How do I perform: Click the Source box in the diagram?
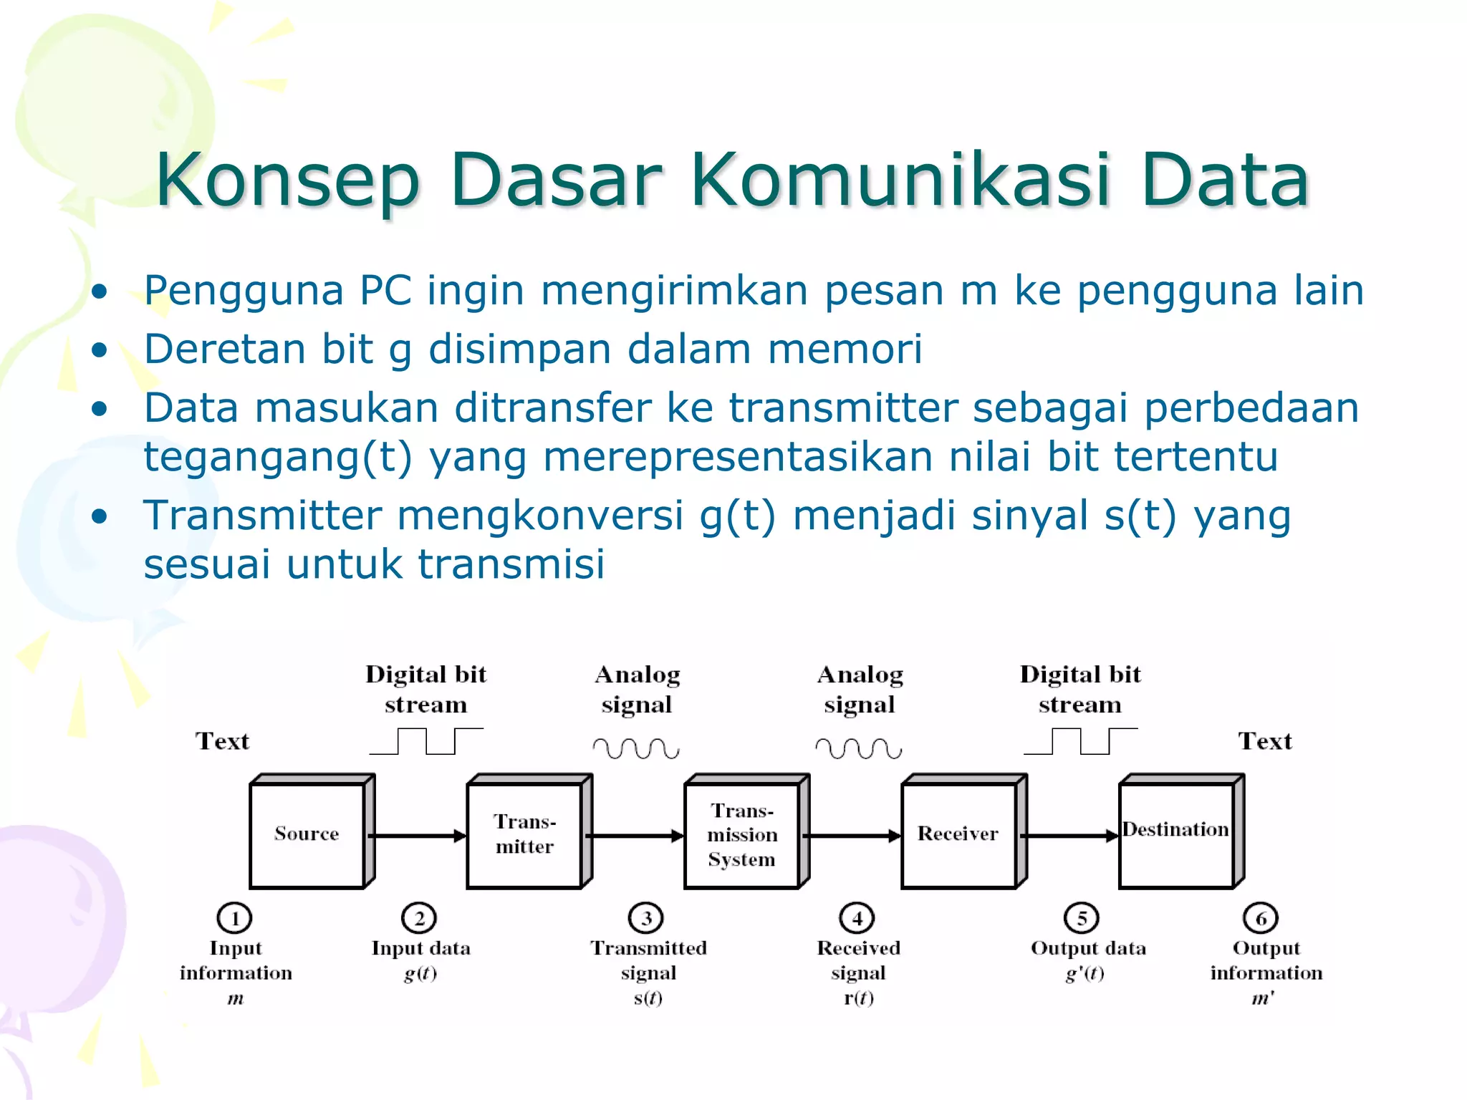[x=307, y=834]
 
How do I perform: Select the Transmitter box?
[x=524, y=834]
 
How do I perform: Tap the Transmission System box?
[x=742, y=834]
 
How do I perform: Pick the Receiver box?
[x=958, y=834]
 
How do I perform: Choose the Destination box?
[x=1176, y=834]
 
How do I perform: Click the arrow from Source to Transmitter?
[x=419, y=835]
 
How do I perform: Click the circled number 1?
[x=234, y=918]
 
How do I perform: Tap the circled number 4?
[x=857, y=918]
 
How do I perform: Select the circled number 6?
[x=1261, y=918]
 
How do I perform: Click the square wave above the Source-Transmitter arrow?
[x=426, y=741]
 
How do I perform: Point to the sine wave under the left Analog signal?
[x=636, y=748]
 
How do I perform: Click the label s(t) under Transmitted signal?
[x=648, y=998]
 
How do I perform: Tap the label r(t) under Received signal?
[x=858, y=998]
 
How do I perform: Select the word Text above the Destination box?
[x=1265, y=741]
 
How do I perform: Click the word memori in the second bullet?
[x=845, y=349]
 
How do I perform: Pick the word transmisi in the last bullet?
[x=511, y=564]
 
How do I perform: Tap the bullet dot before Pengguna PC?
[x=100, y=291]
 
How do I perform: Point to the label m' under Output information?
[x=1263, y=998]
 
